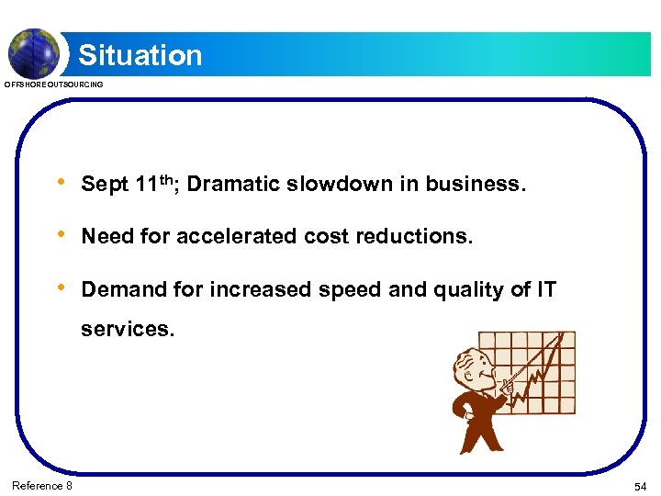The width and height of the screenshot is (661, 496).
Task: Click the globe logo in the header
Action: coord(34,52)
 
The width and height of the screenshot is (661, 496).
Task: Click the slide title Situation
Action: coord(140,55)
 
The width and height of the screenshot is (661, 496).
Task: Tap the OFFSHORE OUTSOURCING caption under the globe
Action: coord(54,85)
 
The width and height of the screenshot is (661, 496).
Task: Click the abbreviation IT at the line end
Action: coord(546,289)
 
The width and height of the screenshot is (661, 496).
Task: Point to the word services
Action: coord(127,329)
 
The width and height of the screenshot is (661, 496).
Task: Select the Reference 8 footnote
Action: coord(42,485)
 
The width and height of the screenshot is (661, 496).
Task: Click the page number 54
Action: coord(640,485)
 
